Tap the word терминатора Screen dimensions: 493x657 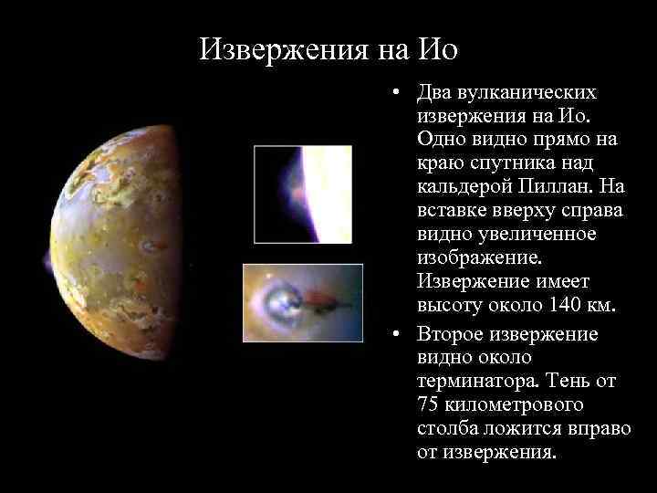tap(480, 381)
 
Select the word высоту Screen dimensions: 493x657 tap(451, 304)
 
